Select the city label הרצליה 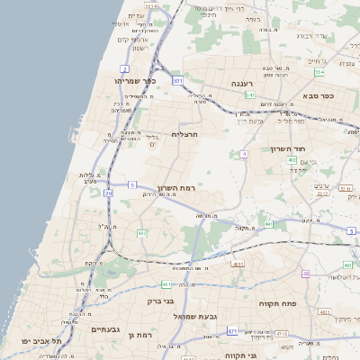[x=184, y=134]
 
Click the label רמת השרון [x=176, y=188]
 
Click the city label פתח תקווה [x=283, y=305]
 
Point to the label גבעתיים [x=106, y=329]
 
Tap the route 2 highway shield [x=123, y=68]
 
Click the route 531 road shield [x=178, y=81]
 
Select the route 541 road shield [x=250, y=94]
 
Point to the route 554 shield [x=319, y=71]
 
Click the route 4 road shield [x=244, y=154]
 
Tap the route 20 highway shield [x=109, y=193]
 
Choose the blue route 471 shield [x=232, y=331]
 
